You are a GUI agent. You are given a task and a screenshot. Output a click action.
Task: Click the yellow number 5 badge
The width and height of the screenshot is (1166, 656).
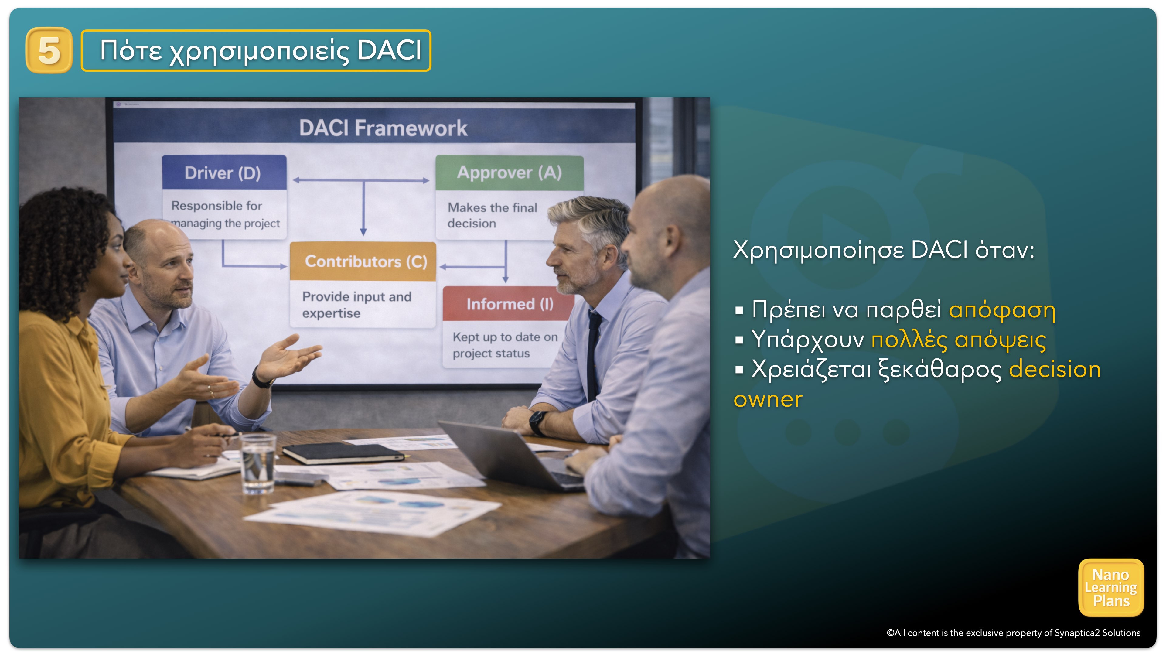pyautogui.click(x=49, y=50)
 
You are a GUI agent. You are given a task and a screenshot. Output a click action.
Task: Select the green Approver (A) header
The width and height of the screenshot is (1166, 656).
pyautogui.click(x=509, y=173)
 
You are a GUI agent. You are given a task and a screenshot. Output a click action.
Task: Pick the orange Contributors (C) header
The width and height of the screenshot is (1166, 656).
pyautogui.click(x=363, y=261)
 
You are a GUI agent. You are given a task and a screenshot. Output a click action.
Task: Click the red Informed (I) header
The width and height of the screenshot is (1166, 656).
pyautogui.click(x=509, y=304)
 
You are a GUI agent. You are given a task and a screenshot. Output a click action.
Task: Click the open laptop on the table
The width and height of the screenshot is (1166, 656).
pyautogui.click(x=511, y=455)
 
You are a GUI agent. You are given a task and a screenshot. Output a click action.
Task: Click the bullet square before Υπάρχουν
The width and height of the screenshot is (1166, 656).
pyautogui.click(x=739, y=340)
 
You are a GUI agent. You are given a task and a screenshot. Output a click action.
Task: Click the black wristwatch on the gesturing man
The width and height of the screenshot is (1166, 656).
pyautogui.click(x=262, y=378)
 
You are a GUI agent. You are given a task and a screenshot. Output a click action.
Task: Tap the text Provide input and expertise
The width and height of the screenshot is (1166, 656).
pyautogui.click(x=357, y=305)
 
